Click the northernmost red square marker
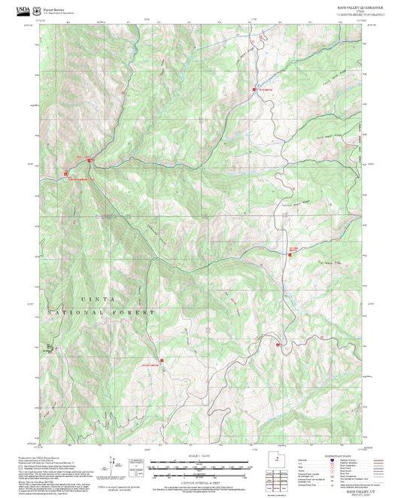(254, 90)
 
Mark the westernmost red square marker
(65, 178)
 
